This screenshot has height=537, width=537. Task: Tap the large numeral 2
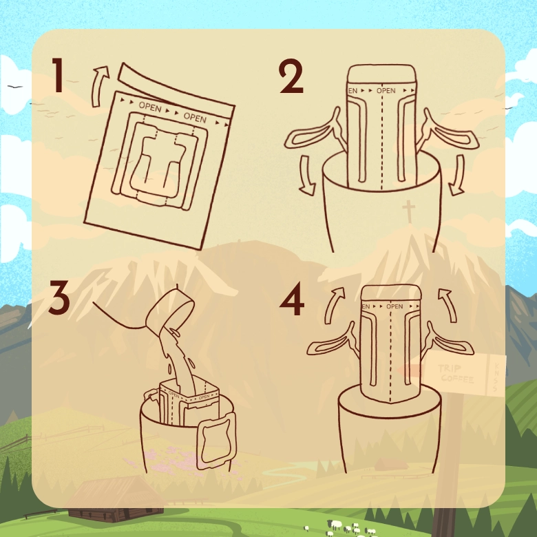291,76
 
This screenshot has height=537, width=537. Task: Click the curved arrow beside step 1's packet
101,78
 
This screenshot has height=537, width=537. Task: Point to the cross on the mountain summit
410,211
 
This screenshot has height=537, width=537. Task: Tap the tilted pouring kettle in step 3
165,310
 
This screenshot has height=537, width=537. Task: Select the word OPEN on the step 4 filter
394,306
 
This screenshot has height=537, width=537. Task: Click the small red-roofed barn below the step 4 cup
390,464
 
